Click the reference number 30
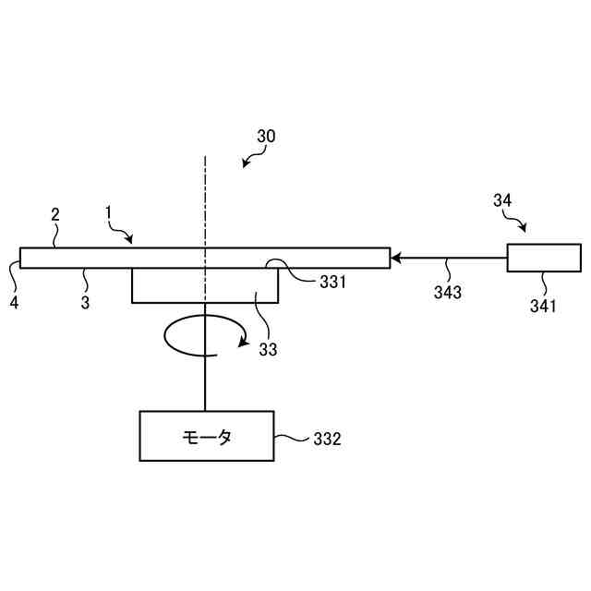266,136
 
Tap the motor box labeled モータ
206,436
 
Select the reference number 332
326,440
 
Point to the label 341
543,307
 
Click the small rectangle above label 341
544,258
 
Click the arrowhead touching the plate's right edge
395,258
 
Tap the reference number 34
502,199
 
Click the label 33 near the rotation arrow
268,349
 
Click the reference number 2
55,214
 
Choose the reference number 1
108,211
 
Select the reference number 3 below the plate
85,301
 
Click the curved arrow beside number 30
249,160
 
